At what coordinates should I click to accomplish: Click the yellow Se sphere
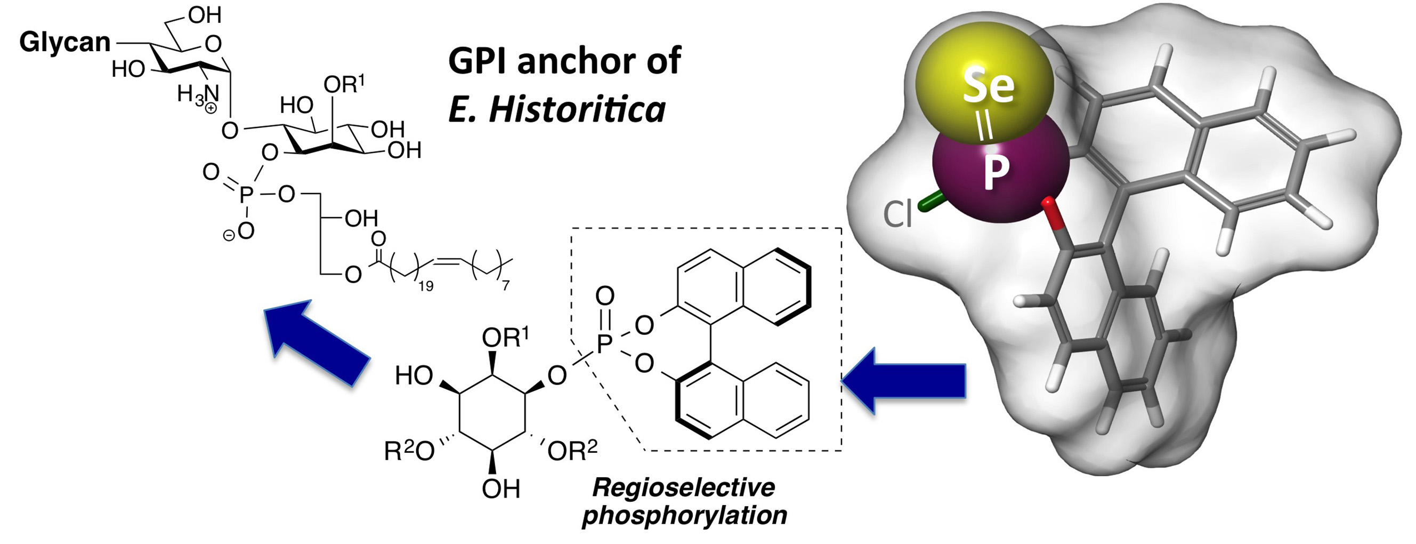pyautogui.click(x=987, y=83)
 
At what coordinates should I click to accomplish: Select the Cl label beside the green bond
pyautogui.click(x=897, y=214)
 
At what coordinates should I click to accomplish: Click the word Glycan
pyautogui.click(x=65, y=42)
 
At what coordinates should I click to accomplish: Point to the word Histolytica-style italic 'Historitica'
pyautogui.click(x=577, y=109)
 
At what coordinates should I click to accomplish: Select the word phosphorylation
pyautogui.click(x=684, y=515)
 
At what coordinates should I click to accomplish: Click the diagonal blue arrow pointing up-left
pyautogui.click(x=316, y=341)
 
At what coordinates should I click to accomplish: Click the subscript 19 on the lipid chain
pyautogui.click(x=425, y=285)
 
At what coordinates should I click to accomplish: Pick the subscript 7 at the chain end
pyautogui.click(x=506, y=285)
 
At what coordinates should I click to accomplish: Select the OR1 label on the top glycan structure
pyautogui.click(x=344, y=85)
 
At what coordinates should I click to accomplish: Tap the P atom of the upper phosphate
pyautogui.click(x=246, y=194)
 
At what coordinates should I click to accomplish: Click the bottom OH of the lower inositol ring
pyautogui.click(x=501, y=489)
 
